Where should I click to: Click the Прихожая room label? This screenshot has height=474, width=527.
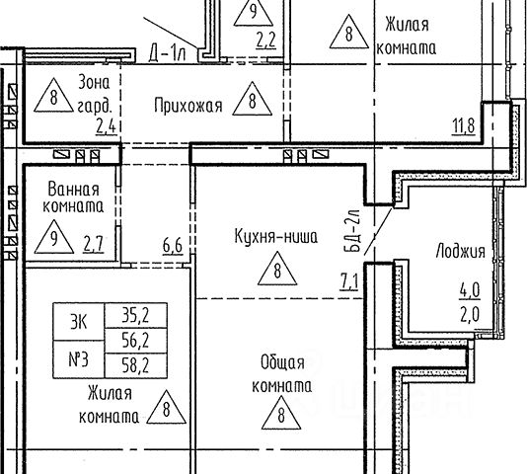point(188,106)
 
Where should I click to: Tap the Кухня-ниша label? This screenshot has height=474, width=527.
point(276,236)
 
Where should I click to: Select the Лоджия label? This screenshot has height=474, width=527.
point(461,251)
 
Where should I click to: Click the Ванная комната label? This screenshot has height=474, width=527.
point(73,197)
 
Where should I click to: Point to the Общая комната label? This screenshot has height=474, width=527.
point(282,374)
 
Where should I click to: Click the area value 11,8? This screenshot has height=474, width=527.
point(464,126)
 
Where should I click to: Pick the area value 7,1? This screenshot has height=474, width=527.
point(349,281)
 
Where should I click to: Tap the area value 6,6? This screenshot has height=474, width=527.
point(173,246)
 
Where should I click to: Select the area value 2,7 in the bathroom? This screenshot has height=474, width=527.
point(93,244)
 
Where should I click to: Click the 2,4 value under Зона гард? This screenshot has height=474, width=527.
point(107,126)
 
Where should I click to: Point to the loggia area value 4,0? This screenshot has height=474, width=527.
point(470,290)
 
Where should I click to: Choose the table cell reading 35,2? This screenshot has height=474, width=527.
point(136,316)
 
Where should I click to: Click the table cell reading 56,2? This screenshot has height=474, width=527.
point(136,341)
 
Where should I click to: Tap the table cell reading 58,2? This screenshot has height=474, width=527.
point(136,365)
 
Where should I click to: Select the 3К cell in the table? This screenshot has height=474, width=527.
point(79,322)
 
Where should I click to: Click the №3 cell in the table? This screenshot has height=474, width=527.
point(79,359)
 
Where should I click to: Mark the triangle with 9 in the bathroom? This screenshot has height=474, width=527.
point(54,238)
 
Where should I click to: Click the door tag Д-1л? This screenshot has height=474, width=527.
point(167,54)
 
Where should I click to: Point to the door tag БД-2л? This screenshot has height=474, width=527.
point(352,231)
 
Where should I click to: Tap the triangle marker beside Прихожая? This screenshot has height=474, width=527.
point(253,100)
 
